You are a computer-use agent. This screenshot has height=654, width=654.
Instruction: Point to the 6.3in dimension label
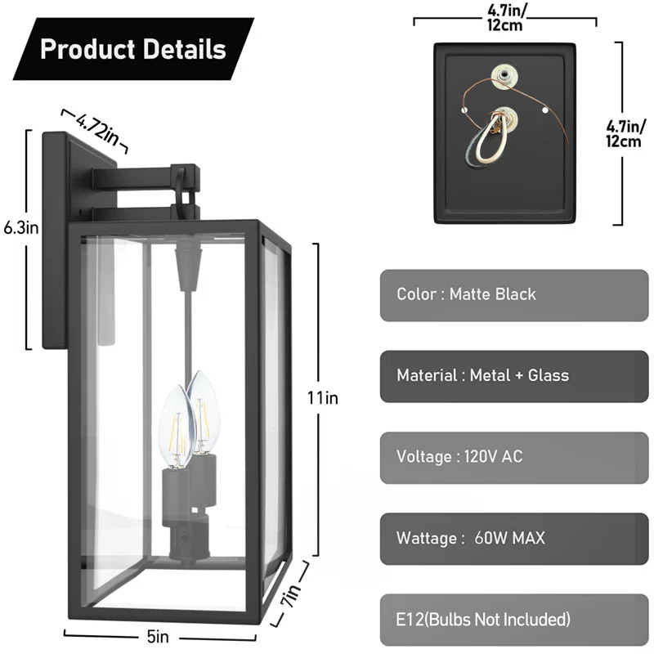[x=20, y=227]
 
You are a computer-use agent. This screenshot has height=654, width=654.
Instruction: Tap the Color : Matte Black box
[x=514, y=294]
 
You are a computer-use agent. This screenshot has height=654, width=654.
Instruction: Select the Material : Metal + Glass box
[x=514, y=375]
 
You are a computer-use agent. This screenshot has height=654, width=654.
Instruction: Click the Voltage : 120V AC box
[x=514, y=456]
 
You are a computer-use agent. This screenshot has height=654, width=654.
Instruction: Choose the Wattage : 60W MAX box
[x=514, y=538]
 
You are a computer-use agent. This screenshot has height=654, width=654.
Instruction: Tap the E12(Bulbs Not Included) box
[x=514, y=619]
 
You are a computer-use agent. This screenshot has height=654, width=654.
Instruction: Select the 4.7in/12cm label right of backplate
[x=623, y=133]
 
